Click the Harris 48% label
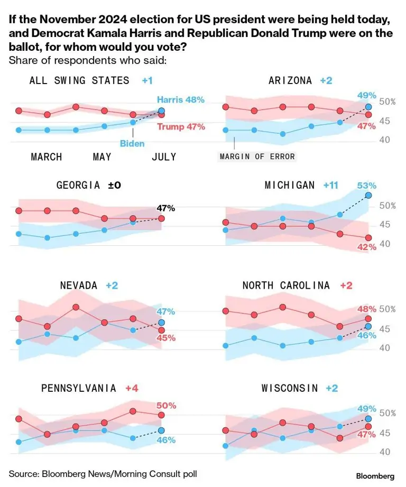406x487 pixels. [x=180, y=99]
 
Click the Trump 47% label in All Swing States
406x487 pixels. [x=181, y=127]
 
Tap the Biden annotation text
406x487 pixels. [x=132, y=143]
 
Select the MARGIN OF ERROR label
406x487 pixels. [x=257, y=157]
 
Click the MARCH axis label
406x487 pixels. [x=47, y=157]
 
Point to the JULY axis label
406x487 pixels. [x=163, y=157]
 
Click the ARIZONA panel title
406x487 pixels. [x=291, y=80]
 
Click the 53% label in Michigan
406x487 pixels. [x=366, y=186]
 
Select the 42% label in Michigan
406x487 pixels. [x=366, y=247]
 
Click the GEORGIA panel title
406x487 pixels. [x=78, y=185]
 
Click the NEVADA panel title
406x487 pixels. [x=79, y=285]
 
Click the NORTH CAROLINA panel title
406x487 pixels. [x=286, y=285]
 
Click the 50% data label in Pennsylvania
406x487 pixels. [x=165, y=405]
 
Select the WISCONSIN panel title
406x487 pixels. [x=290, y=388]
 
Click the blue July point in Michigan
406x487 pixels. [x=368, y=195]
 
